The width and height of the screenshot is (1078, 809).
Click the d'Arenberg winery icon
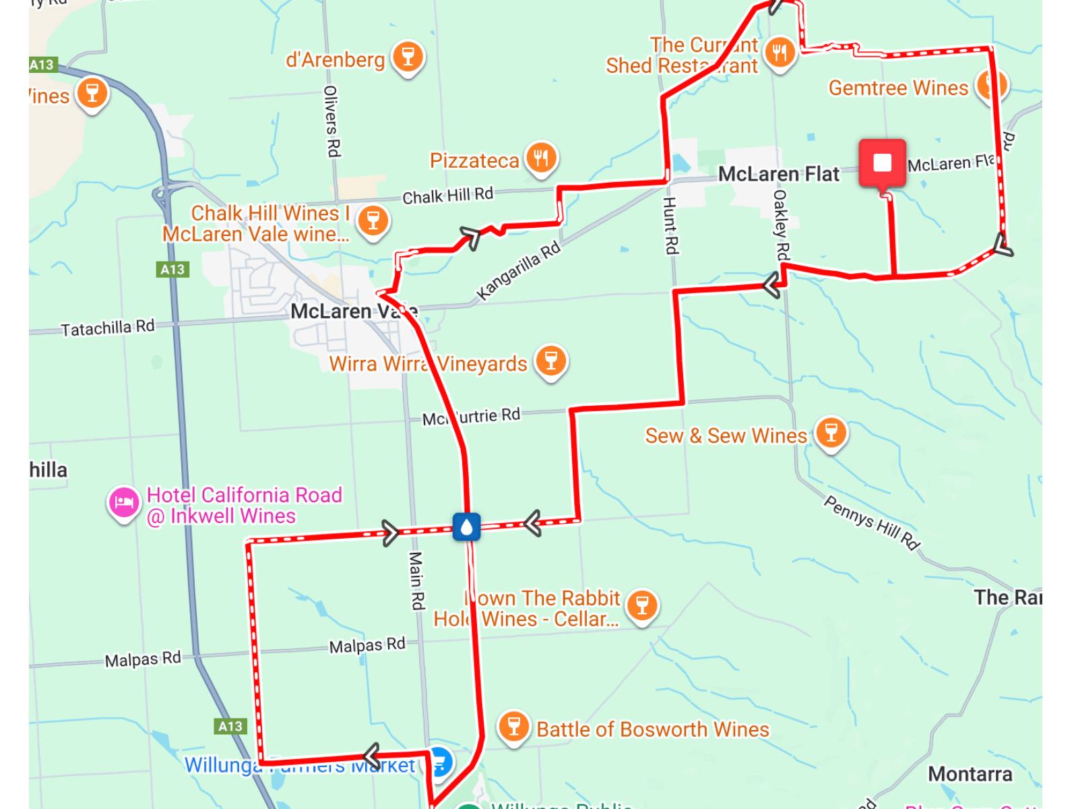[x=408, y=57]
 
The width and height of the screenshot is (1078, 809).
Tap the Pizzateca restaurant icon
[x=541, y=159]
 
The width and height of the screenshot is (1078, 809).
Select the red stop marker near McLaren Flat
[x=882, y=163]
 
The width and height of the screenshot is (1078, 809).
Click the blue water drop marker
[x=466, y=527]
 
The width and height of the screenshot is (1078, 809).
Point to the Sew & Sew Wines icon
[x=831, y=432]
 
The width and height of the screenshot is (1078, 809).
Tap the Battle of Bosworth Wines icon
[x=513, y=727]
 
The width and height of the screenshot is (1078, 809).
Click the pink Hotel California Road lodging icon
[x=123, y=503]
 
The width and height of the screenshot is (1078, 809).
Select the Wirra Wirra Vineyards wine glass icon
[x=551, y=361]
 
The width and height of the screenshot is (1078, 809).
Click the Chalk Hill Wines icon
[x=373, y=220]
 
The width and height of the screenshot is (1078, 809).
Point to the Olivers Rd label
[x=331, y=121]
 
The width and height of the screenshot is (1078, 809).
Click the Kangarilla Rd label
[x=518, y=270]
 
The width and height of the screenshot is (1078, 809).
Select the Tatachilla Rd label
[x=108, y=328]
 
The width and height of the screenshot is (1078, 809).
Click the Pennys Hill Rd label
[x=872, y=522]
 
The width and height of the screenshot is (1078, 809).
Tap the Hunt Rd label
[x=670, y=226]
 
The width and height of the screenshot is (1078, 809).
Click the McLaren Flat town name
[x=778, y=174]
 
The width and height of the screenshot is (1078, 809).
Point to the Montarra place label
[x=970, y=774]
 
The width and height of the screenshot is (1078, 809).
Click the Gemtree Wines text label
[x=897, y=88]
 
